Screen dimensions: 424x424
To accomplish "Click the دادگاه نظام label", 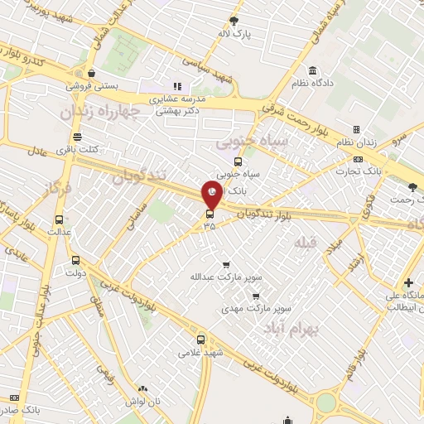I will (x=312, y=84).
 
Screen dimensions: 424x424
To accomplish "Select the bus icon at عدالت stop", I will (x=58, y=219).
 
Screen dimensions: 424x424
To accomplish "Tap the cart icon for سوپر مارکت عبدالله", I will (x=226, y=264).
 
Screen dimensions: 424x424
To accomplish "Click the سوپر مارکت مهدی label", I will (x=255, y=308).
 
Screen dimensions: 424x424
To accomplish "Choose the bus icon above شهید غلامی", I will (x=200, y=339).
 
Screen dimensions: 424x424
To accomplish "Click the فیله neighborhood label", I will (x=305, y=242).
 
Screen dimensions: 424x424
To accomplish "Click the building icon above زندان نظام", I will (x=356, y=130).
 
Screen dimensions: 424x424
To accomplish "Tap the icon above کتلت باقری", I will (x=77, y=137).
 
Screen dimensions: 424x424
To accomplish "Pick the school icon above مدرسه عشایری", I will (x=176, y=85).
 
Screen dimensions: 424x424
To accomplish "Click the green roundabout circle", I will (x=326, y=402).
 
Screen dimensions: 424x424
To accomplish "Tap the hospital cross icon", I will (x=408, y=282).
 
